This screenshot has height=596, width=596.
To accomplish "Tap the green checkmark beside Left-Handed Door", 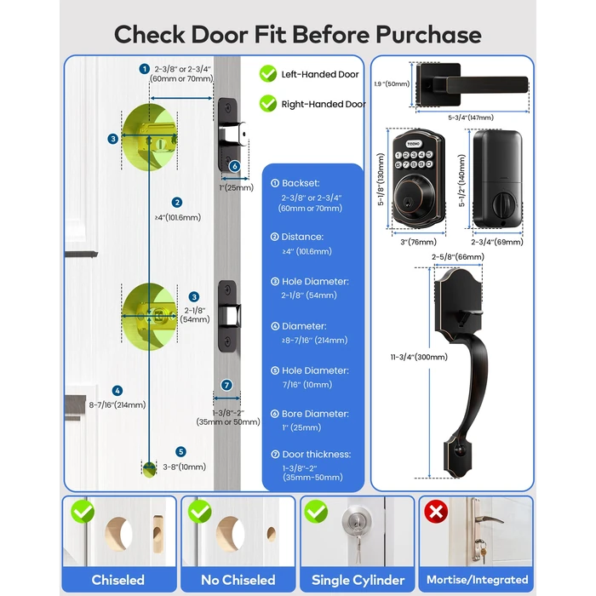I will tap(268, 74).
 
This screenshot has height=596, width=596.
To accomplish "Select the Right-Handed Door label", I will tap(324, 104).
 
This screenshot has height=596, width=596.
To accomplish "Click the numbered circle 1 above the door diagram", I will tap(144, 68).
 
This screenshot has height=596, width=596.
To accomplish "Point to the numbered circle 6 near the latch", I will tap(235, 167).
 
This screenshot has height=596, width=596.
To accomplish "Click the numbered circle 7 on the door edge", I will tap(226, 385).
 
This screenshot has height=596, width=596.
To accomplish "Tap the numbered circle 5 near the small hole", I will tap(181, 452).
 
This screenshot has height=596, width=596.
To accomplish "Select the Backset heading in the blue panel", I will tap(297, 183).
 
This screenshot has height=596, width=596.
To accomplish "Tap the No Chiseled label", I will tap(238, 580).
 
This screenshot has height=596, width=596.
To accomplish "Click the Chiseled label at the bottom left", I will tap(118, 580).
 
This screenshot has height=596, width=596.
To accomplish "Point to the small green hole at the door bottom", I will tap(150, 467).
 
